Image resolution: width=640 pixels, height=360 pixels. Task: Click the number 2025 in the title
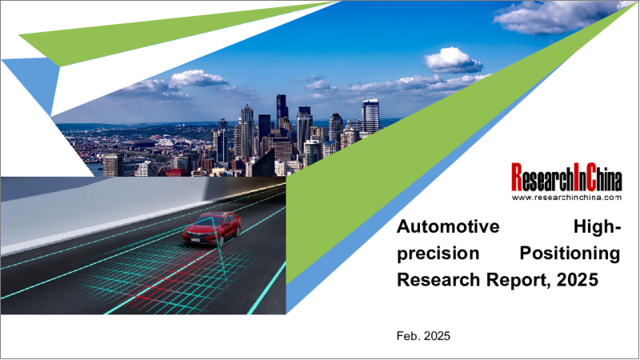pyautogui.click(x=578, y=280)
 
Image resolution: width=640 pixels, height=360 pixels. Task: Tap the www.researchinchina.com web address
pyautogui.click(x=566, y=197)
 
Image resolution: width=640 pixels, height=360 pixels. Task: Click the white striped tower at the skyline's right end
pyautogui.click(x=370, y=116)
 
